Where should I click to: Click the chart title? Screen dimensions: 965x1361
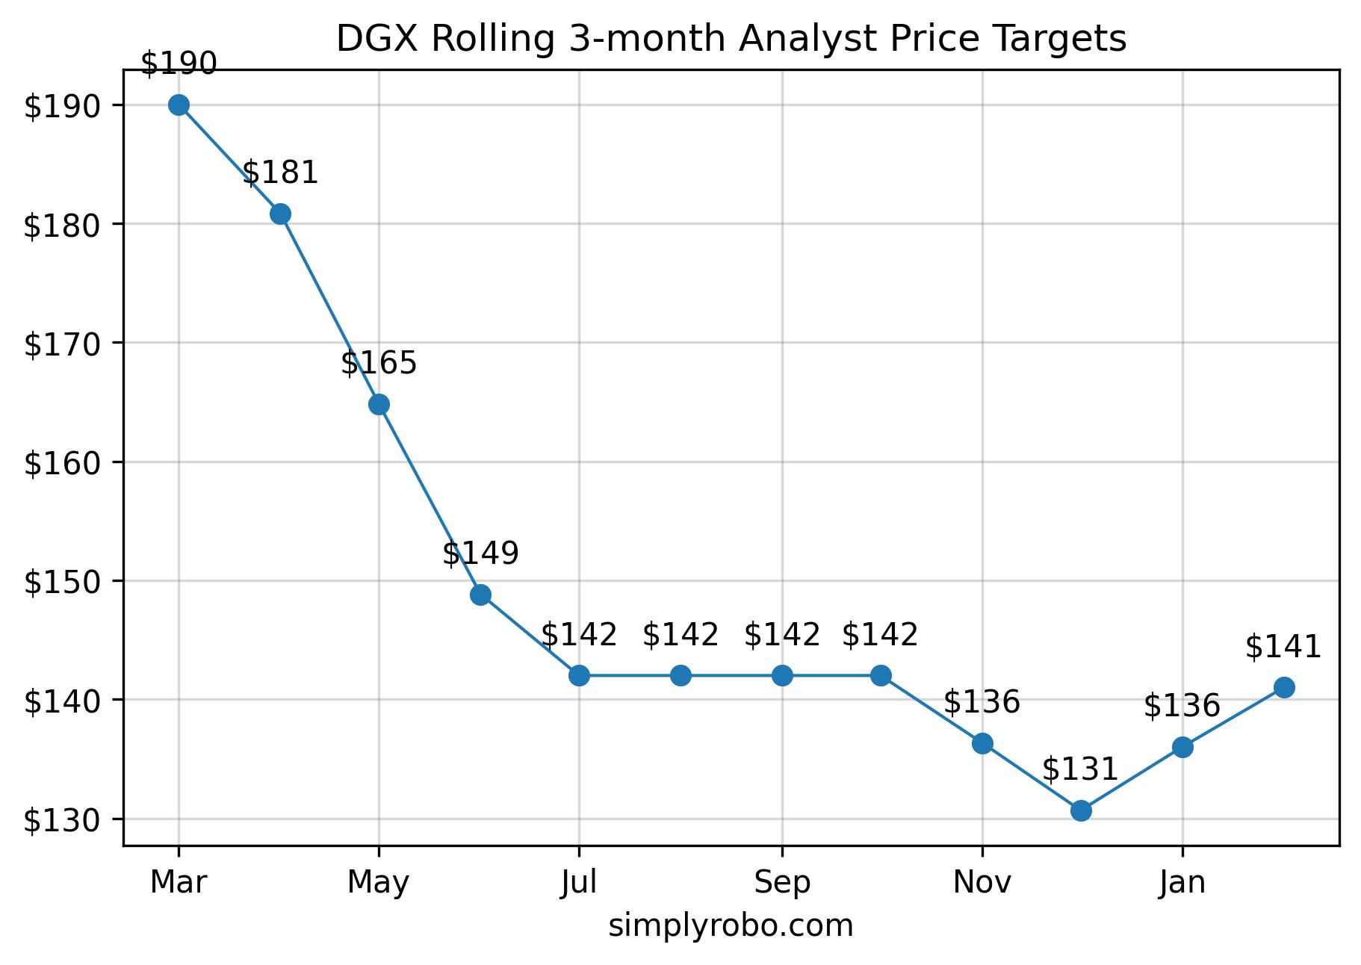point(731,39)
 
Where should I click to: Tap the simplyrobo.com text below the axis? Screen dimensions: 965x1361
point(731,926)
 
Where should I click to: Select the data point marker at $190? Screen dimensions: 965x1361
point(179,105)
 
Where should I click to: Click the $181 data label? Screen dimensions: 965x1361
point(280,173)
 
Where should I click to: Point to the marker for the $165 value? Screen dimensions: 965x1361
point(379,404)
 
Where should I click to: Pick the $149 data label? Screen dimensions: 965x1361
point(480,553)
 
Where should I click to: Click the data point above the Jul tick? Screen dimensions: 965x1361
point(579,675)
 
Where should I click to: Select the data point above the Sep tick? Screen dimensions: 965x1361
point(782,675)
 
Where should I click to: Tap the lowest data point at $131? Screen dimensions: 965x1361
point(1081,810)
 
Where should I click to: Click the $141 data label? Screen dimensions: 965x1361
point(1283,647)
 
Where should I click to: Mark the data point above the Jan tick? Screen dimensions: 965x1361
point(1182,747)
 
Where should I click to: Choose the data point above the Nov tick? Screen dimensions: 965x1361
point(982,743)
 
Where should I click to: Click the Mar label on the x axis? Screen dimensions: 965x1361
point(179,883)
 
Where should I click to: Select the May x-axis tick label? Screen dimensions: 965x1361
point(379,883)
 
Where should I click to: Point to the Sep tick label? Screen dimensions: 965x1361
point(782,883)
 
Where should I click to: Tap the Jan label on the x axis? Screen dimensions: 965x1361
point(1182,883)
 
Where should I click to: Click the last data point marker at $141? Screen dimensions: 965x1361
point(1284,687)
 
